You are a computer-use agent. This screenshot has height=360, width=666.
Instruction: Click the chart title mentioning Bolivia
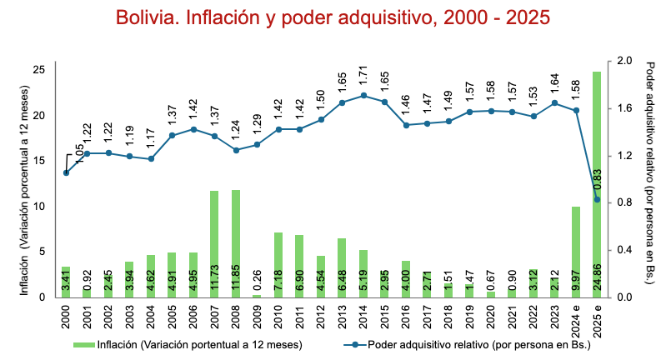333,17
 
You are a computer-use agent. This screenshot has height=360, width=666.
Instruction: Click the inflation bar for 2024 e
576,252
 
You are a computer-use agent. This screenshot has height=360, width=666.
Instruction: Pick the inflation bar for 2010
279,264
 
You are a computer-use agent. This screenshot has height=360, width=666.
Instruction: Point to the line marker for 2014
363,96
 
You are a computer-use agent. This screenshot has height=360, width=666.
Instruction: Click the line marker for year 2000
66,172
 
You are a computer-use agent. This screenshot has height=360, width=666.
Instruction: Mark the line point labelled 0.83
597,199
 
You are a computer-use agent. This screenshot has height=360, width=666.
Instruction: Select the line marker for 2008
236,150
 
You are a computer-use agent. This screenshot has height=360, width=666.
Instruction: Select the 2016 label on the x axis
406,317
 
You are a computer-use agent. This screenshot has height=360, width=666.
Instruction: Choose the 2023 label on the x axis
555,317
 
